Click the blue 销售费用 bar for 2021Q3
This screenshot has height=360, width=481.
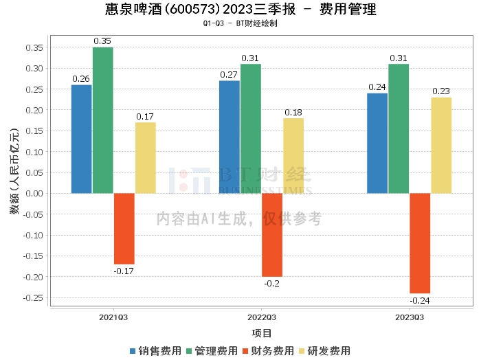pos(81,139)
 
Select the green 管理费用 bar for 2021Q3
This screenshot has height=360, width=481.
pos(102,120)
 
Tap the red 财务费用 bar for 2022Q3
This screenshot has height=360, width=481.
pos(272,234)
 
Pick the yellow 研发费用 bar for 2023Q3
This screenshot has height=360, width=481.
pos(441,145)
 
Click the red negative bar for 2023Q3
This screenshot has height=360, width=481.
pos(420,243)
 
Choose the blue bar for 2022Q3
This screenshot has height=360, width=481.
pos(230,137)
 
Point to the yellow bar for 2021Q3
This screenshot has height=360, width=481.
pos(145,157)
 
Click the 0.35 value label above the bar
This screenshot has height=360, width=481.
pos(102,41)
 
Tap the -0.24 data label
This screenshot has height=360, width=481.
pos(420,300)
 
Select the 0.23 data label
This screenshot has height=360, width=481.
pos(441,91)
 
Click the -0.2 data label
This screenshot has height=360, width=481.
pos(272,283)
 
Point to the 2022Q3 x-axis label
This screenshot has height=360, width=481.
pos(261,318)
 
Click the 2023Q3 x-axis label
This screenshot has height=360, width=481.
pos(409,318)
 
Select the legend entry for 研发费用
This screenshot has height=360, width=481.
pos(326,350)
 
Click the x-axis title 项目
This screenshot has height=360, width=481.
pos(261,334)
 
